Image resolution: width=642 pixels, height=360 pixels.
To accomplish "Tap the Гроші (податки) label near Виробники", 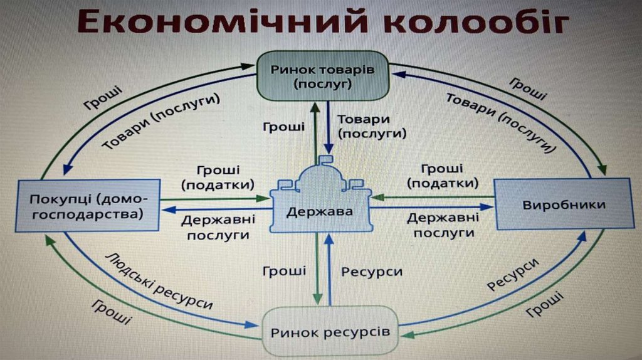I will pos(442,176).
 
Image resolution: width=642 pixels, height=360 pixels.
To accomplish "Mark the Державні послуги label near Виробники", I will pos(443,225).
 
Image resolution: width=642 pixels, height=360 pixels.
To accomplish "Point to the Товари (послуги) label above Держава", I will pos(371,126).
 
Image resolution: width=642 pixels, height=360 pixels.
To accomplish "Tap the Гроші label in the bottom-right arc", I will pos(544,304).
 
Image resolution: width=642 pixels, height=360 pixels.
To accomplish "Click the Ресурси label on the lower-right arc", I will pos(513,275).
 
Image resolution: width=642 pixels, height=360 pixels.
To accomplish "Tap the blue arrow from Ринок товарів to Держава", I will pos(327,132).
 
